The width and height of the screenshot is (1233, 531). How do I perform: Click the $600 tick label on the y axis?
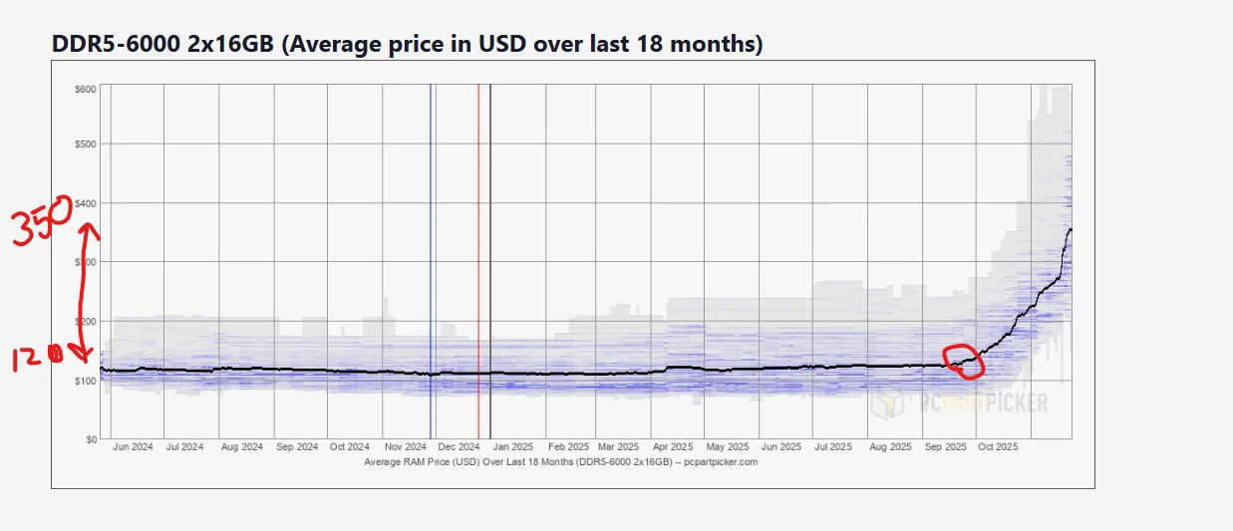coord(85,90)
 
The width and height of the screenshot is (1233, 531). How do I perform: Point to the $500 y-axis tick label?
coord(85,144)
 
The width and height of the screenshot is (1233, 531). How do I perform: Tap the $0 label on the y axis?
coord(90,438)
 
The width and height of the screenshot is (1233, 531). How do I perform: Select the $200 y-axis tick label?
coord(85,322)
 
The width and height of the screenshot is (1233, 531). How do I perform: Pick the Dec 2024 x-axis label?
coord(460,447)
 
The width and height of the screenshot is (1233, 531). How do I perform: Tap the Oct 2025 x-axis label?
coord(998,447)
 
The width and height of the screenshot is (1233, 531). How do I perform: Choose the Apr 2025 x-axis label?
coord(673,447)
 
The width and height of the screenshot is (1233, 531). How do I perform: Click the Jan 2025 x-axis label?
coord(515,447)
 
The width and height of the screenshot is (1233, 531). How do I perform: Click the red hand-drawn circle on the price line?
coord(964,361)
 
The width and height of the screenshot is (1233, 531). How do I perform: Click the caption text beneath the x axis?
coord(561,462)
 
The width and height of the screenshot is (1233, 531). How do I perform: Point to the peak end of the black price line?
coord(1071,230)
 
